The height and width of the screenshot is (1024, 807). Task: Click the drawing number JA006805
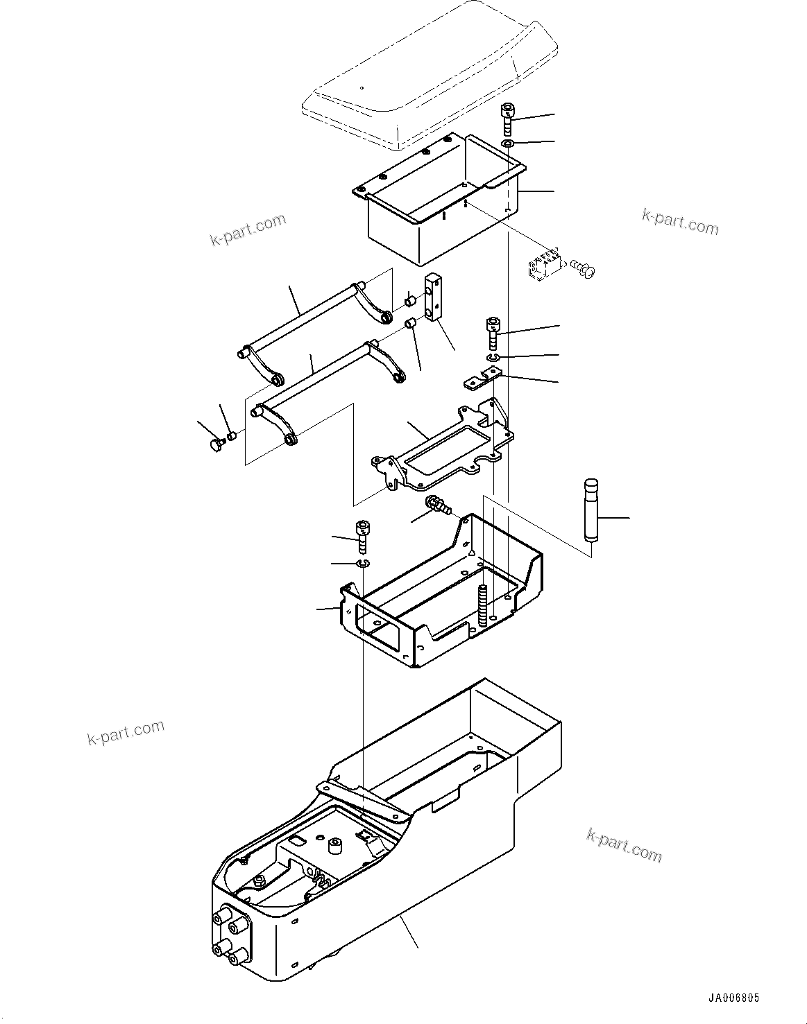click(x=733, y=998)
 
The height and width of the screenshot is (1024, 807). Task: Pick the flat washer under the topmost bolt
click(x=508, y=143)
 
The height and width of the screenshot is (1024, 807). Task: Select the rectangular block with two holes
click(x=433, y=298)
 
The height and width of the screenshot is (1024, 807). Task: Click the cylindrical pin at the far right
click(x=591, y=508)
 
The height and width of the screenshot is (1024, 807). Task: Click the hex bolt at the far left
click(x=215, y=444)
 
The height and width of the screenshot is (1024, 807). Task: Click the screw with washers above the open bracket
click(x=439, y=506)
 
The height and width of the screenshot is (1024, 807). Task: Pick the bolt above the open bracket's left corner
click(x=362, y=535)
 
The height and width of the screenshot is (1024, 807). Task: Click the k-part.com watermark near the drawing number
click(x=624, y=844)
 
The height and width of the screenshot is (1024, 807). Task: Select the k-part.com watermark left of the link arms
click(x=248, y=229)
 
